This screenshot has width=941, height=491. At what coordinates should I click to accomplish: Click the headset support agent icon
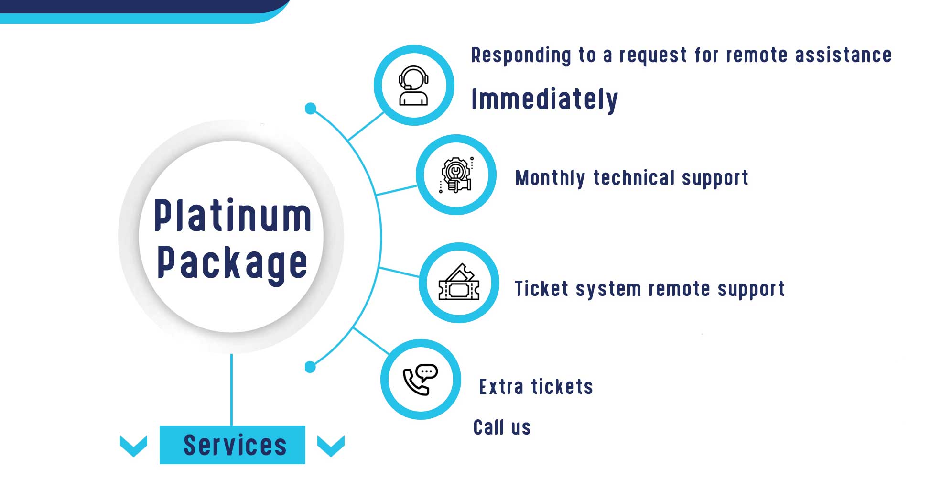pos(413,86)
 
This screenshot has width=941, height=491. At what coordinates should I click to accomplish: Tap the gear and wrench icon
pos(456,175)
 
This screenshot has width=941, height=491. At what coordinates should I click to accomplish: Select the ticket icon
pos(459,283)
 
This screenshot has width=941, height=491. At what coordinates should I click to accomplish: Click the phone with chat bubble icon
pos(421,379)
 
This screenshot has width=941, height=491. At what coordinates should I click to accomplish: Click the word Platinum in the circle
pos(232,216)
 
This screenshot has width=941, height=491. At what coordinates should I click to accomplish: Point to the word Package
pos(232,263)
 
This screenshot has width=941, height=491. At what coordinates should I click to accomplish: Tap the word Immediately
pos(544,99)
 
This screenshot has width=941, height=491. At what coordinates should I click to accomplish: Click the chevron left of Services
pos(133,446)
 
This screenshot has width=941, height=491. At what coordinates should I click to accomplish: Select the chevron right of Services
pos(331,446)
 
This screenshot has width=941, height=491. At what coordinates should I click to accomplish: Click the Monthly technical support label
pos(631,178)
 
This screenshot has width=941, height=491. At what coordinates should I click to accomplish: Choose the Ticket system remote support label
pos(649,289)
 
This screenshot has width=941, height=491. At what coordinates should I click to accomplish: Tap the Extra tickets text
pos(536,387)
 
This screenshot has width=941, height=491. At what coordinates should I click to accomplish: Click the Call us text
pos(502,427)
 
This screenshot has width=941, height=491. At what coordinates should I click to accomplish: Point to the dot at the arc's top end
pos(311,109)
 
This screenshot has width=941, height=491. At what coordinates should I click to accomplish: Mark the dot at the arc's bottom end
pos(310,367)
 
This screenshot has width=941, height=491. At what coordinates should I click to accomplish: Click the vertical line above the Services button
pos(232,390)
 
